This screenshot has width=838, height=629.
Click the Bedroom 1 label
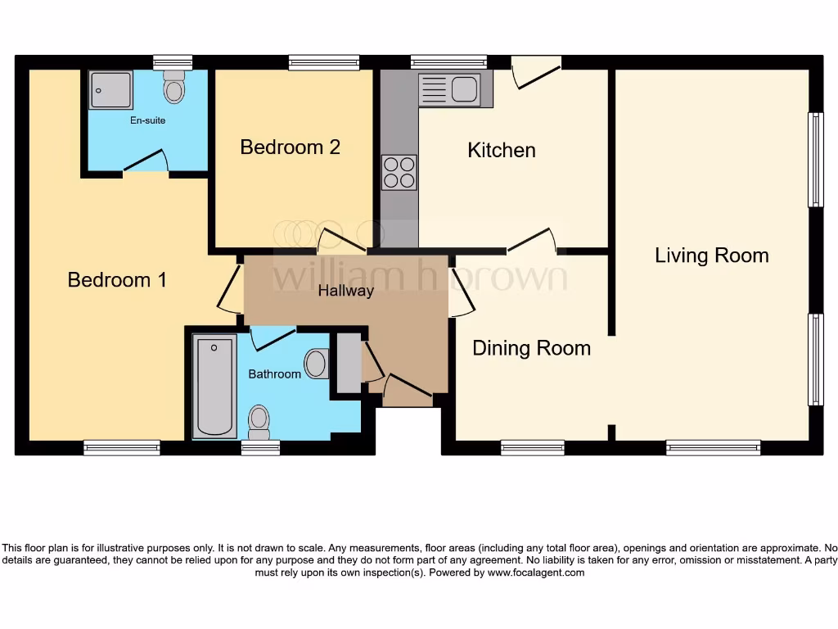(x=117, y=280)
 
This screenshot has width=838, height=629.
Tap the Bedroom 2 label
(x=290, y=147)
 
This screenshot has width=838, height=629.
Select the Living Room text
(x=711, y=256)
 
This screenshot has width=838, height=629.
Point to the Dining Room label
(x=531, y=348)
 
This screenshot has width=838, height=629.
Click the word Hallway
(x=345, y=291)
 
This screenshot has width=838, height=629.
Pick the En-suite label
(x=147, y=120)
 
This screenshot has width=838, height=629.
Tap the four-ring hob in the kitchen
(x=399, y=172)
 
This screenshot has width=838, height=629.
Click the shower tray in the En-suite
(x=110, y=89)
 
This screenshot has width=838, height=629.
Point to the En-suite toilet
(x=173, y=88)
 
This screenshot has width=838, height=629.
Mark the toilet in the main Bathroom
(x=259, y=420)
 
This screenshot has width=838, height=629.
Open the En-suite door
(x=146, y=163)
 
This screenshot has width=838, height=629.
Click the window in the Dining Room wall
(x=532, y=447)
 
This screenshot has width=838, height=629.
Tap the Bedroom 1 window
(x=122, y=447)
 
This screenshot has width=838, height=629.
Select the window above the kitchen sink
(x=448, y=61)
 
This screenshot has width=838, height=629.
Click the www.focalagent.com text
(x=536, y=573)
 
